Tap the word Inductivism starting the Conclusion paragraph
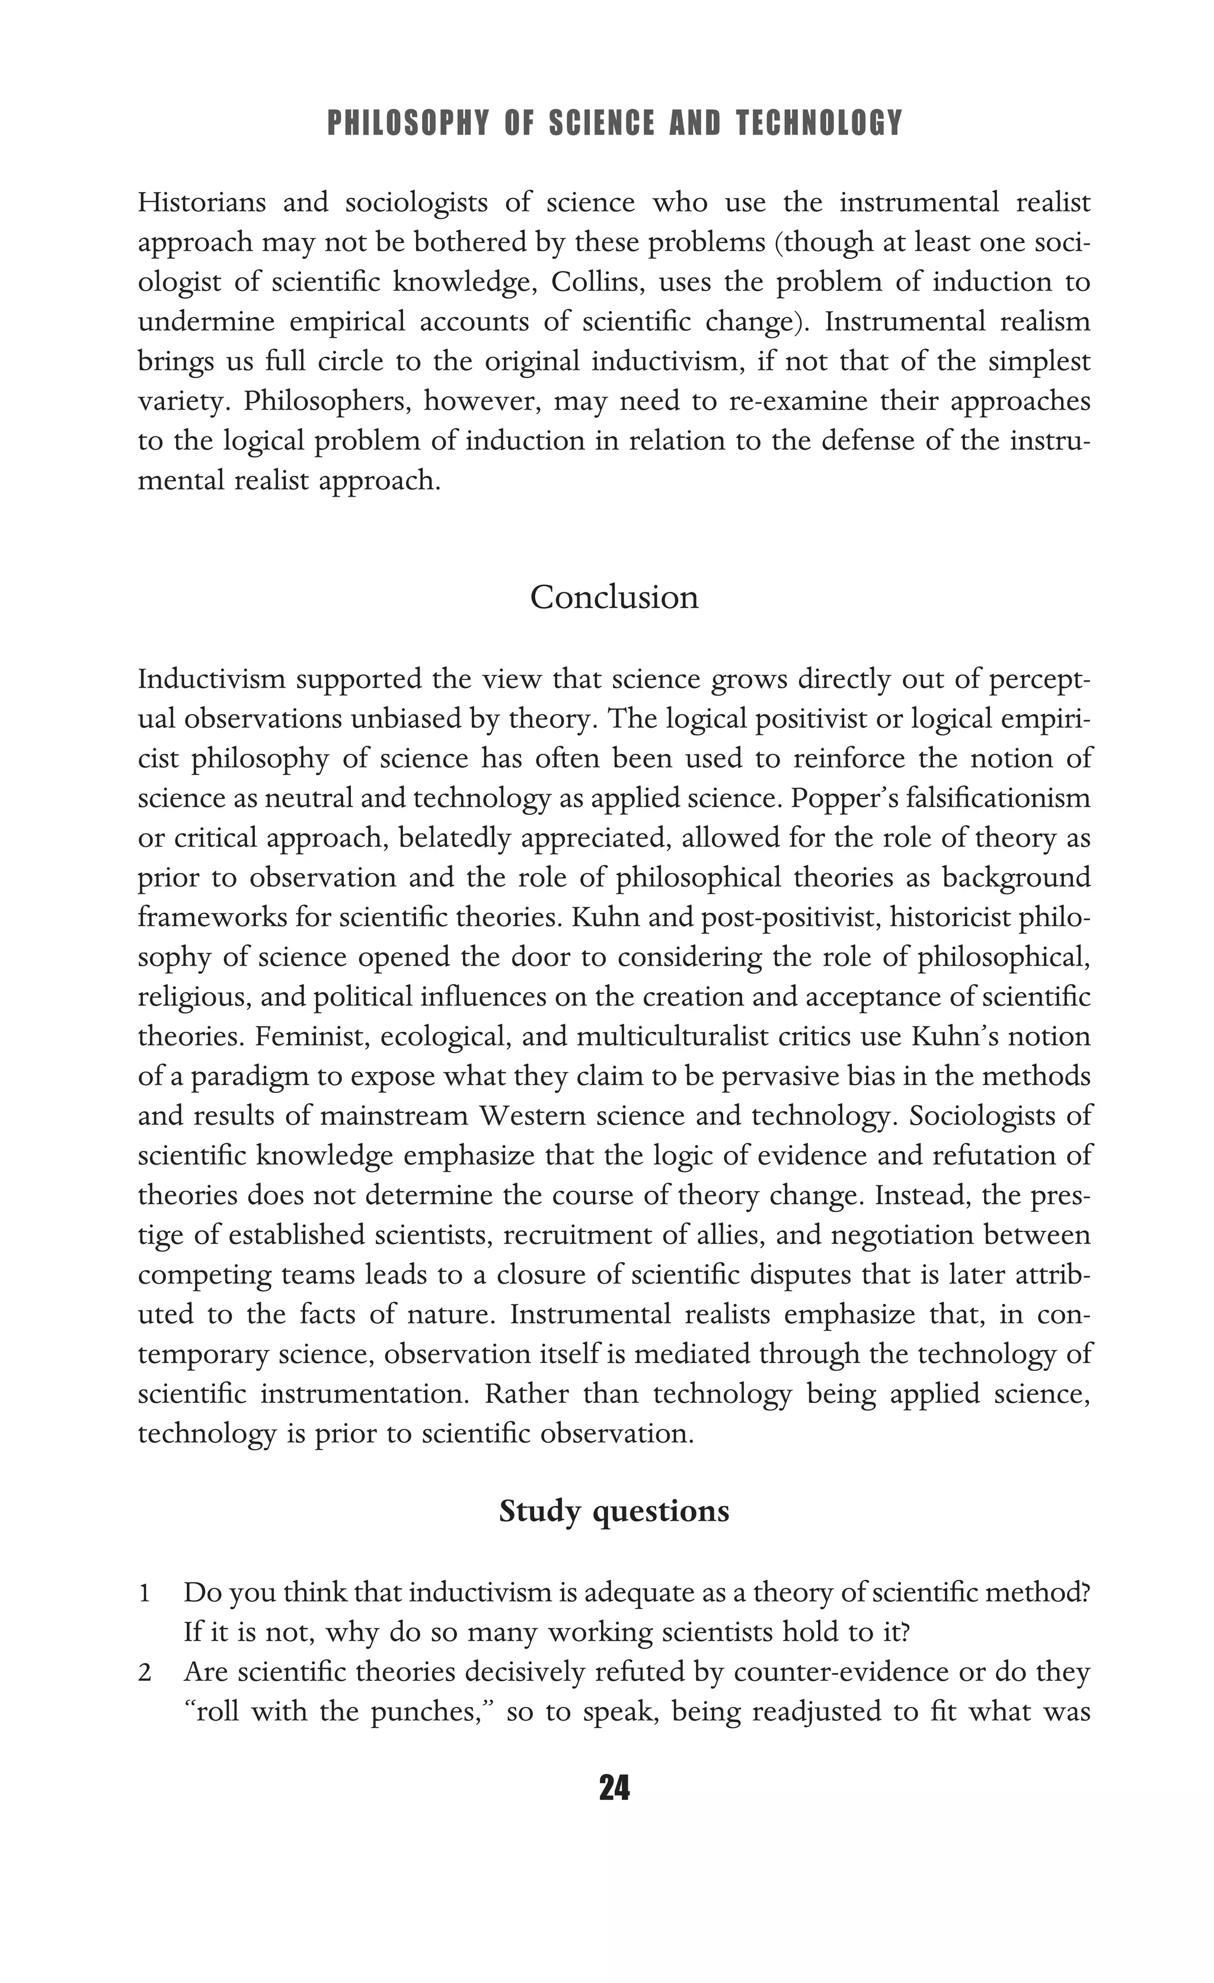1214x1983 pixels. (212, 680)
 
